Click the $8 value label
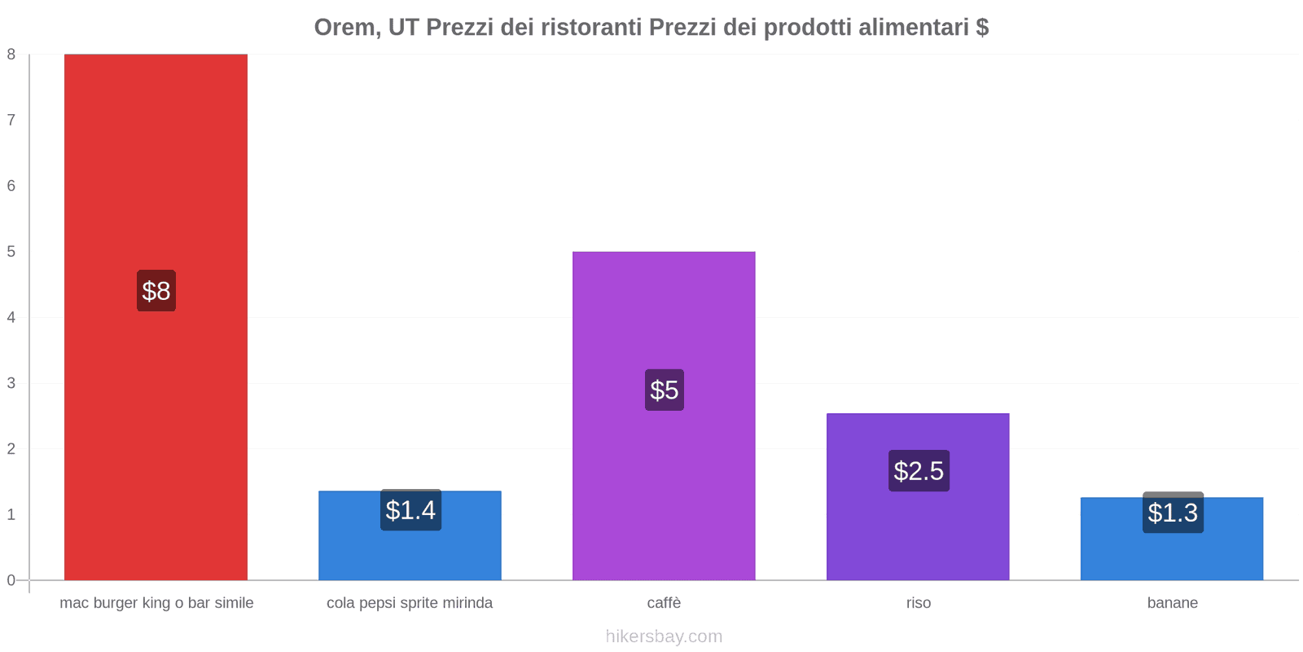click(x=156, y=291)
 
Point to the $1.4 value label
click(x=410, y=510)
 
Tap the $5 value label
click(x=665, y=390)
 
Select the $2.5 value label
click(x=919, y=470)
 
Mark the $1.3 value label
click(x=1173, y=513)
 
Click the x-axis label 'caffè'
click(x=664, y=603)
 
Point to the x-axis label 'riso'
click(x=918, y=603)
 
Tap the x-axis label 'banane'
click(x=1172, y=603)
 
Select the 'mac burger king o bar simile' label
click(x=156, y=603)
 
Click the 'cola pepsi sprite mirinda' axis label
click(x=410, y=603)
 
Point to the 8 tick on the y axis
click(x=11, y=55)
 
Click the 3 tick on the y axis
click(x=11, y=383)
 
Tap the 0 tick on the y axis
click(x=11, y=580)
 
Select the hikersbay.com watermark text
click(x=664, y=637)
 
